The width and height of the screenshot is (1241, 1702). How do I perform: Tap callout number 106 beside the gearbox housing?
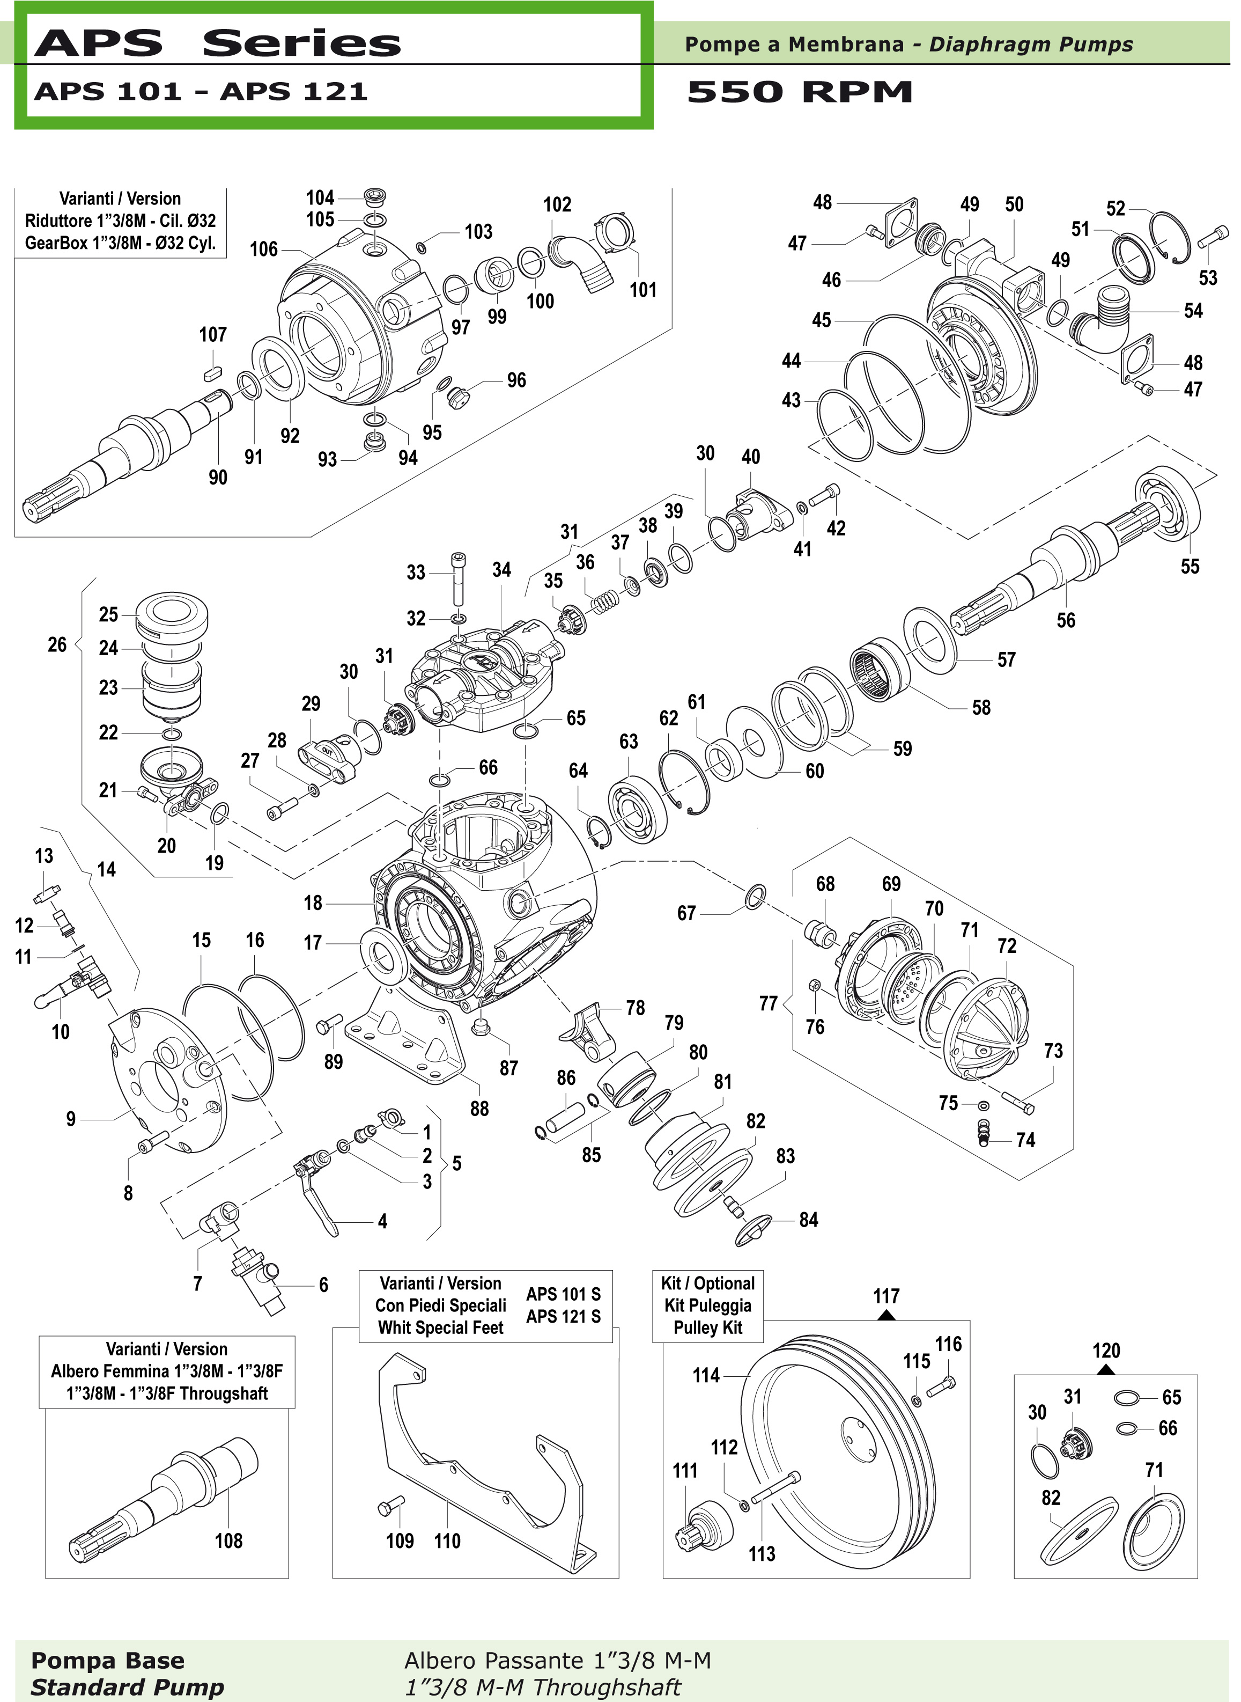[x=264, y=250]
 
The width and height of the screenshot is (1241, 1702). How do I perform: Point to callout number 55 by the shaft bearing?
[x=1190, y=567]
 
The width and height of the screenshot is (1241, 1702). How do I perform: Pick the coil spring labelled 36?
[x=607, y=601]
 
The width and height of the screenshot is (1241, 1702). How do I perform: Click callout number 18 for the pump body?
[x=313, y=903]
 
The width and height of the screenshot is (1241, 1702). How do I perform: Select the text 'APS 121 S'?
[x=564, y=1317]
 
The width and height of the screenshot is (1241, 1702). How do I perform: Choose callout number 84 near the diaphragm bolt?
[x=808, y=1220]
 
